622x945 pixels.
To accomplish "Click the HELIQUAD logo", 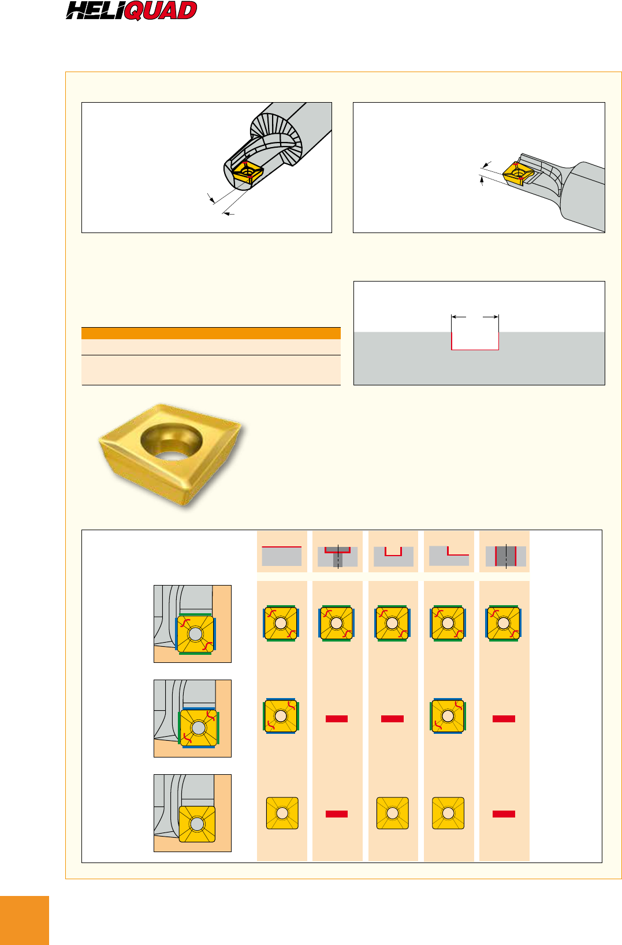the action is coord(131,10).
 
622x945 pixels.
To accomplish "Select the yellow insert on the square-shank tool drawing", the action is coord(518,174).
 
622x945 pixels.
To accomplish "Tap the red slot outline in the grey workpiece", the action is coord(475,342).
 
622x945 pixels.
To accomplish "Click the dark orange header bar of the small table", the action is coord(211,333).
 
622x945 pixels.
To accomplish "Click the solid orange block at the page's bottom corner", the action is coord(24,920).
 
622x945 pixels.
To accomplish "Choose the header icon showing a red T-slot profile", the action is coord(337,557).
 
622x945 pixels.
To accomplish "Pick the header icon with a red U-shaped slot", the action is coord(393,557).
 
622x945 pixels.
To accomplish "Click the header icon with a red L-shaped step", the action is coord(449,556).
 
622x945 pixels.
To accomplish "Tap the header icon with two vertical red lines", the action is coord(505,557).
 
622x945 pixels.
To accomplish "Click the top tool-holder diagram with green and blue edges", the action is coord(192,624).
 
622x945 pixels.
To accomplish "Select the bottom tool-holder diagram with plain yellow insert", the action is coord(192,813).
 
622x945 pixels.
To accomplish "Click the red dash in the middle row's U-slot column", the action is coord(392,718).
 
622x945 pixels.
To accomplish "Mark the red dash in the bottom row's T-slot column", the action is coord(337,814).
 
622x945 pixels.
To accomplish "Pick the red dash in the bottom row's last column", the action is coord(504,814).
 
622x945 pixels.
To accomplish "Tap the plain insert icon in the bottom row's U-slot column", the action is coord(392,813).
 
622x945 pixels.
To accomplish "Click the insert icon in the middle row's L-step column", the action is coord(448,716).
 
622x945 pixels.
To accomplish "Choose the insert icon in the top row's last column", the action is coord(504,623).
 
